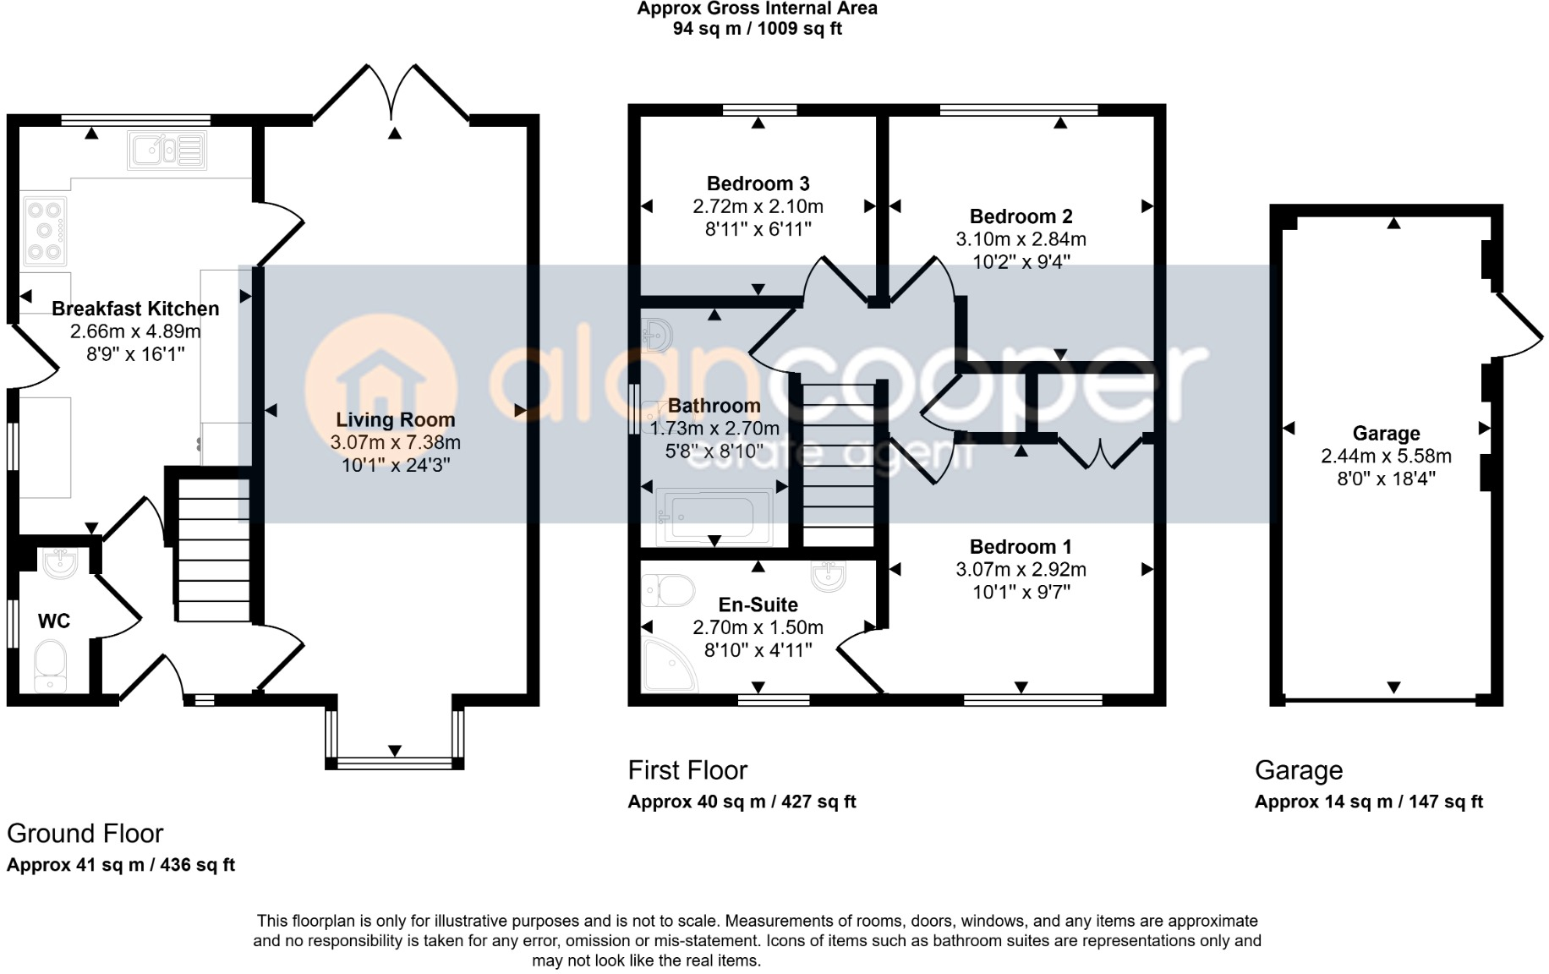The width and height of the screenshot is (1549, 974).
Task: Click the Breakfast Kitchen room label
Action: click(135, 309)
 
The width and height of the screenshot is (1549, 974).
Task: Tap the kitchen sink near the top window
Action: click(167, 150)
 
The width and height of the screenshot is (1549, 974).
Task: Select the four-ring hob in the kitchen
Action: click(46, 231)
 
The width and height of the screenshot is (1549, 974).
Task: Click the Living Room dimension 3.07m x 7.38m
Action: click(395, 442)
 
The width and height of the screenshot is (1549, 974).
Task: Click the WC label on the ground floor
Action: click(54, 621)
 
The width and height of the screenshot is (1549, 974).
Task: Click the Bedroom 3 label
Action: click(758, 183)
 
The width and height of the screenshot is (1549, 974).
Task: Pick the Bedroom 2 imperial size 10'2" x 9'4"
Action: click(1021, 262)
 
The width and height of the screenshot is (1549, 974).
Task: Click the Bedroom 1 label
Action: click(1021, 547)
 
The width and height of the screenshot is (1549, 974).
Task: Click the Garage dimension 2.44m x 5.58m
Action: click(1386, 457)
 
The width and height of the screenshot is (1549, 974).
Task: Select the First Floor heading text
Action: click(687, 770)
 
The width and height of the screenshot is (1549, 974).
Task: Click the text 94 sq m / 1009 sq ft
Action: click(757, 29)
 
